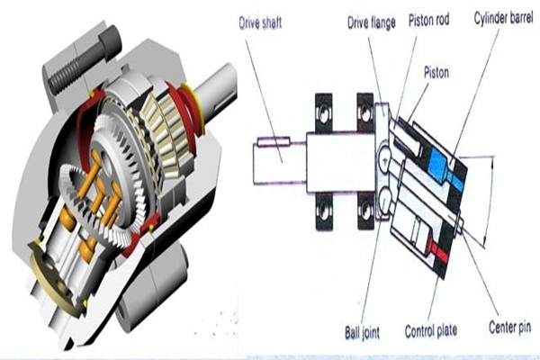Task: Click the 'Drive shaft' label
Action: [260, 22]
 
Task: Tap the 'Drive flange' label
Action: [371, 23]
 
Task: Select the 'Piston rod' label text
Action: [428, 21]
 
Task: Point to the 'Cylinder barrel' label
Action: [503, 18]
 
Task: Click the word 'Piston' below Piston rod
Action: [436, 73]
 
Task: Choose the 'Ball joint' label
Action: [362, 332]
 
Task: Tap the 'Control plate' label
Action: [431, 330]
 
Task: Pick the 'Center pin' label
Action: [509, 327]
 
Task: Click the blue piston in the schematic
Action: [446, 169]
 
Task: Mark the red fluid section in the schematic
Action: [438, 251]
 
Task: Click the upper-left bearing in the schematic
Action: [324, 113]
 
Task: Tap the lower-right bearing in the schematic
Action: [365, 211]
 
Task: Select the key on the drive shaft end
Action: [274, 141]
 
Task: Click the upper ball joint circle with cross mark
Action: [385, 159]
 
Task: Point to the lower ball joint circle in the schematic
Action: [386, 199]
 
